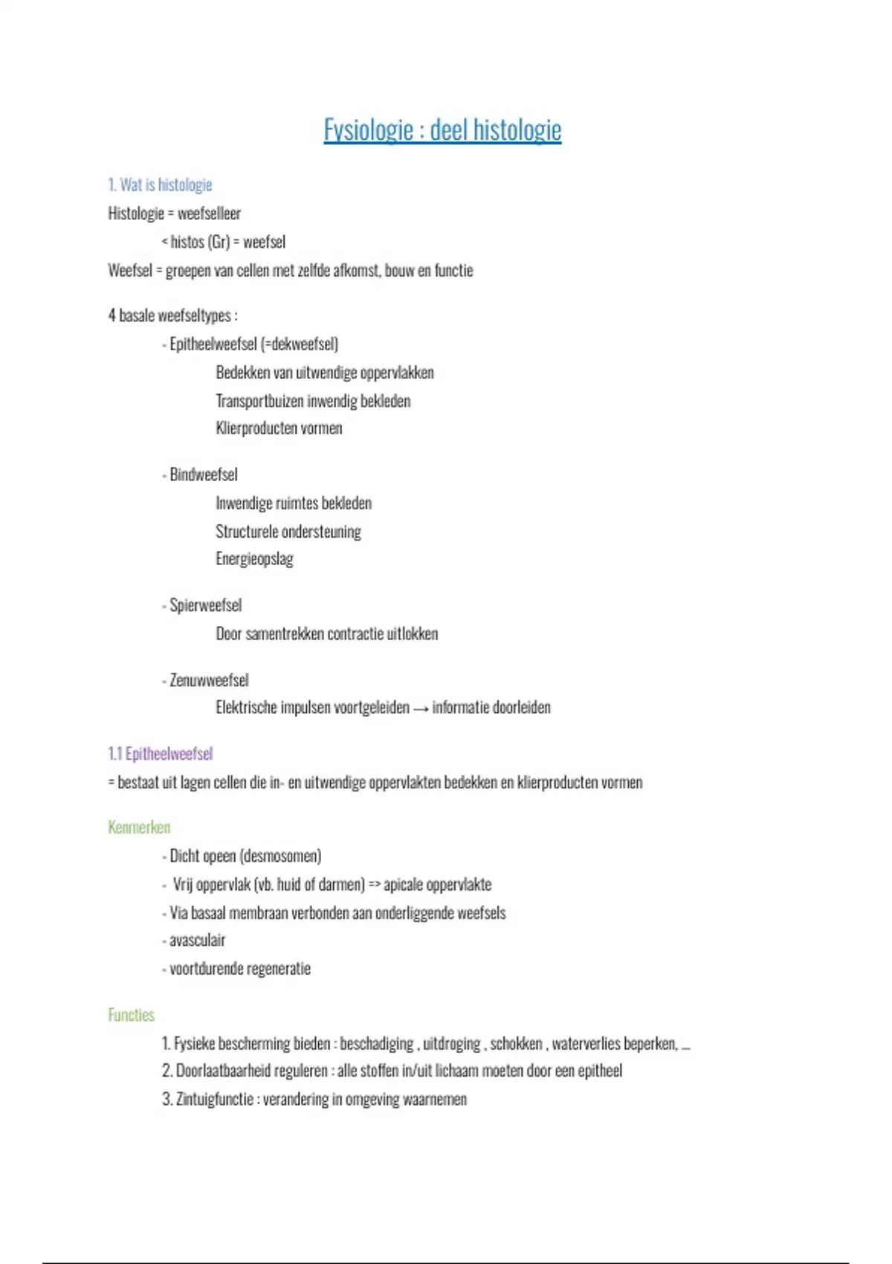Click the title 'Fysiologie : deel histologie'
(x=442, y=130)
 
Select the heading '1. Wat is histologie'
(x=160, y=184)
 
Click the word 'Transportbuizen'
(x=259, y=401)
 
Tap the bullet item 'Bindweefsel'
(x=203, y=474)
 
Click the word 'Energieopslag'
(x=254, y=558)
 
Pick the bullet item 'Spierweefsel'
(x=205, y=605)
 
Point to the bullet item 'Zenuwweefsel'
(x=208, y=680)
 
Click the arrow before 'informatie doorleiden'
(x=421, y=709)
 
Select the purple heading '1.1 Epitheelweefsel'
(x=160, y=754)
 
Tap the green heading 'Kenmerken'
(x=139, y=828)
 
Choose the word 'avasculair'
(x=197, y=941)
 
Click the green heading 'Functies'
(x=132, y=1015)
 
